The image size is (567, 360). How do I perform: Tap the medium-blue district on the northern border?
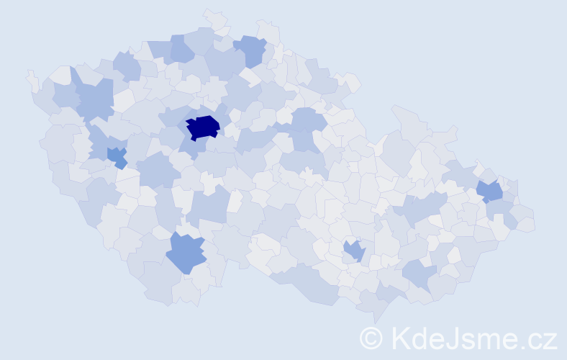click(251, 50)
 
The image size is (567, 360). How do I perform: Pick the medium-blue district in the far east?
click(491, 192)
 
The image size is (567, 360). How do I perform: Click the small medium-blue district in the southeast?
click(354, 251)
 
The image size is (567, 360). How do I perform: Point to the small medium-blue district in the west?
click(117, 156)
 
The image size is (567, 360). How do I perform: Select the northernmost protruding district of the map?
click(214, 17)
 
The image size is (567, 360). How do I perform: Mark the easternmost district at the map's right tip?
click(527, 224)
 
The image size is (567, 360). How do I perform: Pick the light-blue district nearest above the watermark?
click(419, 274)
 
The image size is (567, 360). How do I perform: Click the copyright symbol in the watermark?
click(371, 337)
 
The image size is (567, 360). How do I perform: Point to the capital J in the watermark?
click(452, 337)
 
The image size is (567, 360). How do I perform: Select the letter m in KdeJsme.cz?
click(489, 338)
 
